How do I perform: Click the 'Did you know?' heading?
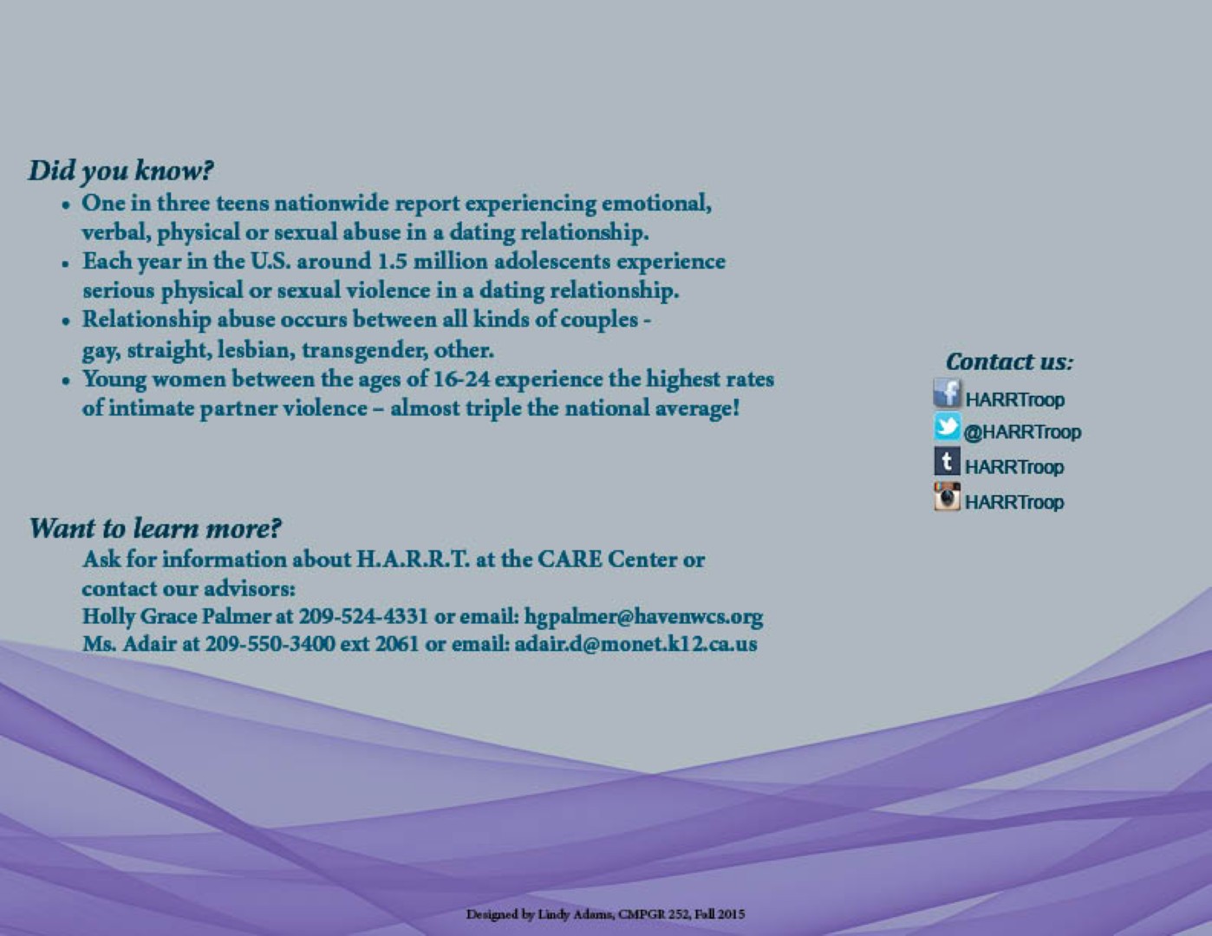coord(121,171)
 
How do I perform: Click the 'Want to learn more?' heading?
coord(155,528)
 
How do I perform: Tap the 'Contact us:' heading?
coord(1009,361)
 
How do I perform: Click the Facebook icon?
coord(947,393)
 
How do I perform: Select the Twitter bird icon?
coord(947,427)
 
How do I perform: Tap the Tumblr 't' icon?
coord(947,461)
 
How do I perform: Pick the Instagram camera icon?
coord(947,497)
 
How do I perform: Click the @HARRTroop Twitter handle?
coord(1022,432)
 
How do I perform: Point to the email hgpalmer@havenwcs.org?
coord(643,617)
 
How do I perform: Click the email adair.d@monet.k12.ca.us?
coord(635,645)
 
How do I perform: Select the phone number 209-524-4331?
coord(363,617)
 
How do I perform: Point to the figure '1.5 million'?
coord(432,262)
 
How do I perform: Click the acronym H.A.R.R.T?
coord(413,560)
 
